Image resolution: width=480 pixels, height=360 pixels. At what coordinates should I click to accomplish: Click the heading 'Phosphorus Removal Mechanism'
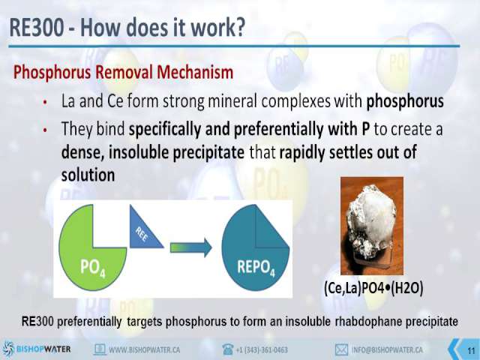(x=123, y=73)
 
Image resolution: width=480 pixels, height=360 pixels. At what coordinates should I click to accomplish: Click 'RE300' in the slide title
(x=37, y=27)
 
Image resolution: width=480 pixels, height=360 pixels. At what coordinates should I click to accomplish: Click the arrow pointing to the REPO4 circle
(x=191, y=247)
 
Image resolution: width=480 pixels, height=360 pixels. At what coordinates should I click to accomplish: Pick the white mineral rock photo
(x=372, y=226)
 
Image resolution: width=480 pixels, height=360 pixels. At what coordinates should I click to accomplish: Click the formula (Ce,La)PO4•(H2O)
(x=373, y=288)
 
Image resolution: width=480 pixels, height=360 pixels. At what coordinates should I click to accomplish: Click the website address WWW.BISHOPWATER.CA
(x=145, y=349)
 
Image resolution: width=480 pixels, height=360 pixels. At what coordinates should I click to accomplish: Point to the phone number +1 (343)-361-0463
(x=262, y=349)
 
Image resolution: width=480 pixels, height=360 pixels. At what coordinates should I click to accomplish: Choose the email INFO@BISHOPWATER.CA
(x=387, y=349)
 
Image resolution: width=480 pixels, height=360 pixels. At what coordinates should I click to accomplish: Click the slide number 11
(x=471, y=350)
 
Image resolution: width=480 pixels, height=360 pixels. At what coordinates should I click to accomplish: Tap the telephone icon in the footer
(x=228, y=349)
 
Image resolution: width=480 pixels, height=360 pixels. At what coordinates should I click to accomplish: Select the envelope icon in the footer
(x=341, y=349)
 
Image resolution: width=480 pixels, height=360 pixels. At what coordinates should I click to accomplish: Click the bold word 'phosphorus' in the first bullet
(x=405, y=101)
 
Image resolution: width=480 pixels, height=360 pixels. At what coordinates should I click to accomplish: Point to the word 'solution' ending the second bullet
(x=88, y=175)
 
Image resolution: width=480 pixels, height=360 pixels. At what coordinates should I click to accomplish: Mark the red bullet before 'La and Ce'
(x=45, y=102)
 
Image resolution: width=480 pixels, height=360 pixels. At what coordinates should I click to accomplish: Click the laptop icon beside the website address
(x=100, y=349)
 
